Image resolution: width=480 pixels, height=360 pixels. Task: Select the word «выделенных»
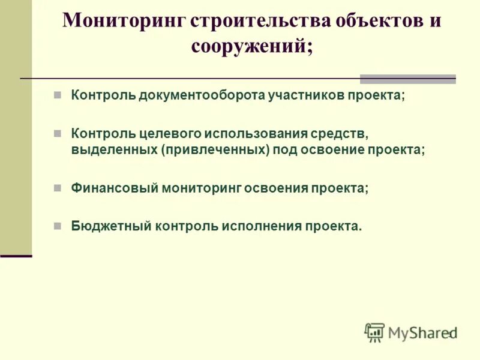tap(113, 149)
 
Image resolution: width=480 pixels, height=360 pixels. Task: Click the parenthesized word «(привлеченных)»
tap(215, 149)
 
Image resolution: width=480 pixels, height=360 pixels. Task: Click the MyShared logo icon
tap(374, 332)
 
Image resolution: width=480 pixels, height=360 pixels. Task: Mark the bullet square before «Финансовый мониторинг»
tap(58, 188)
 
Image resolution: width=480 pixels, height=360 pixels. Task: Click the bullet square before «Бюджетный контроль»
tap(58, 226)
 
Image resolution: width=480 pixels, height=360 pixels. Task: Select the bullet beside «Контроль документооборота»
tap(58, 95)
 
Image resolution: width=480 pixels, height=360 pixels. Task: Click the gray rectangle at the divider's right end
tap(407, 79)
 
